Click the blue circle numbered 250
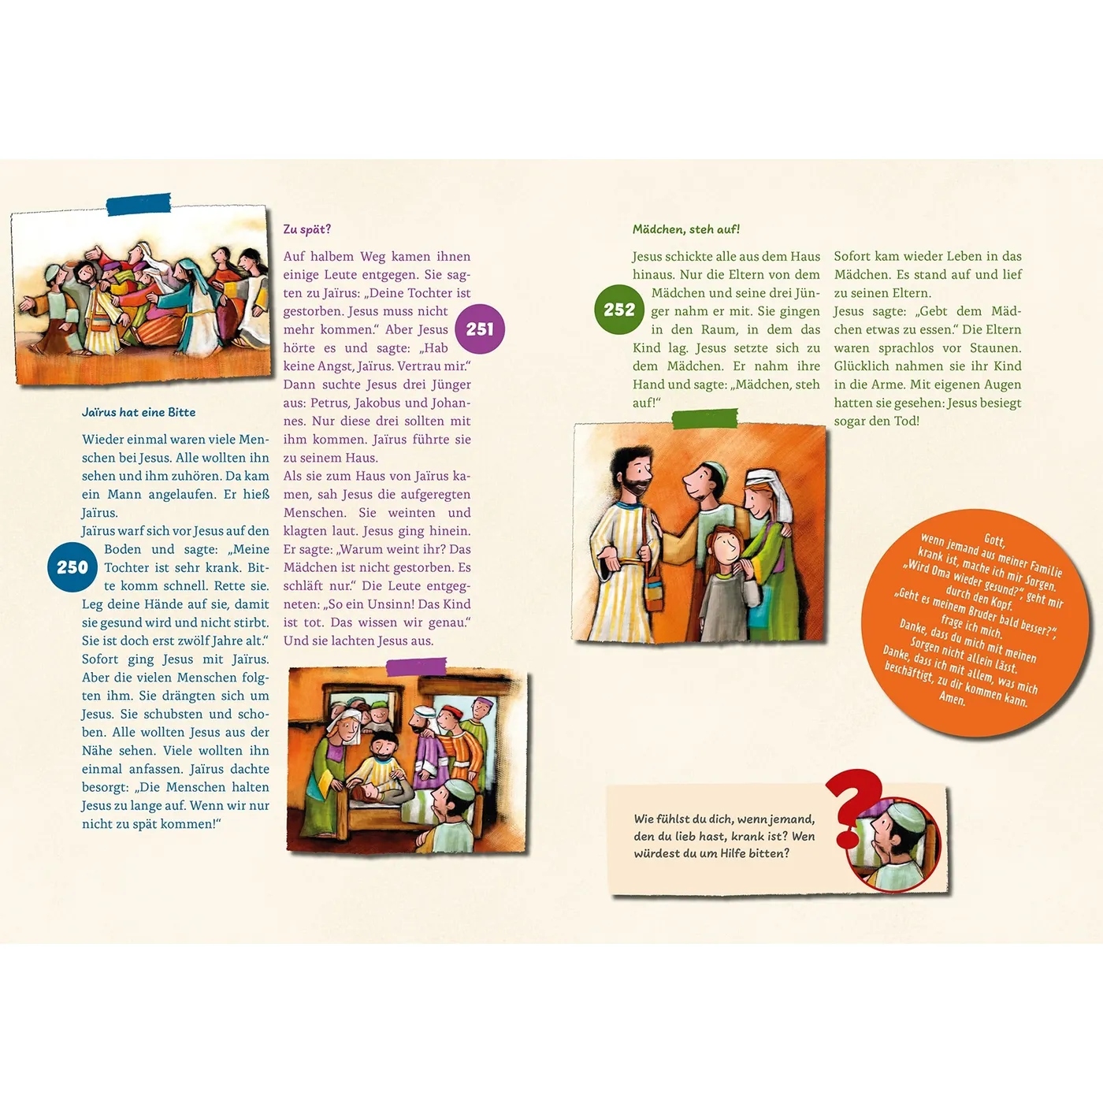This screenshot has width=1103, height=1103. [x=72, y=566]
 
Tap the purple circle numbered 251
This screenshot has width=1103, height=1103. [x=480, y=329]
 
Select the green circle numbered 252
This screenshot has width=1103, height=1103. [x=619, y=310]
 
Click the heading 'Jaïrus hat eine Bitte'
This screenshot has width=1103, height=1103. [x=139, y=412]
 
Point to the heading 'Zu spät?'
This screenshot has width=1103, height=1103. [x=306, y=229]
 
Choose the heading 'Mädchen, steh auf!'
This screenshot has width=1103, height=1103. [x=685, y=229]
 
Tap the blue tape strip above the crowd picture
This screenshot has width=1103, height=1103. [x=139, y=204]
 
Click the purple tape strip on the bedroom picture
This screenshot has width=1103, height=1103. [x=416, y=667]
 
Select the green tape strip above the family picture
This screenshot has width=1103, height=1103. [x=704, y=418]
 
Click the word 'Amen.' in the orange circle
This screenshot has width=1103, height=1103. [x=952, y=698]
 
